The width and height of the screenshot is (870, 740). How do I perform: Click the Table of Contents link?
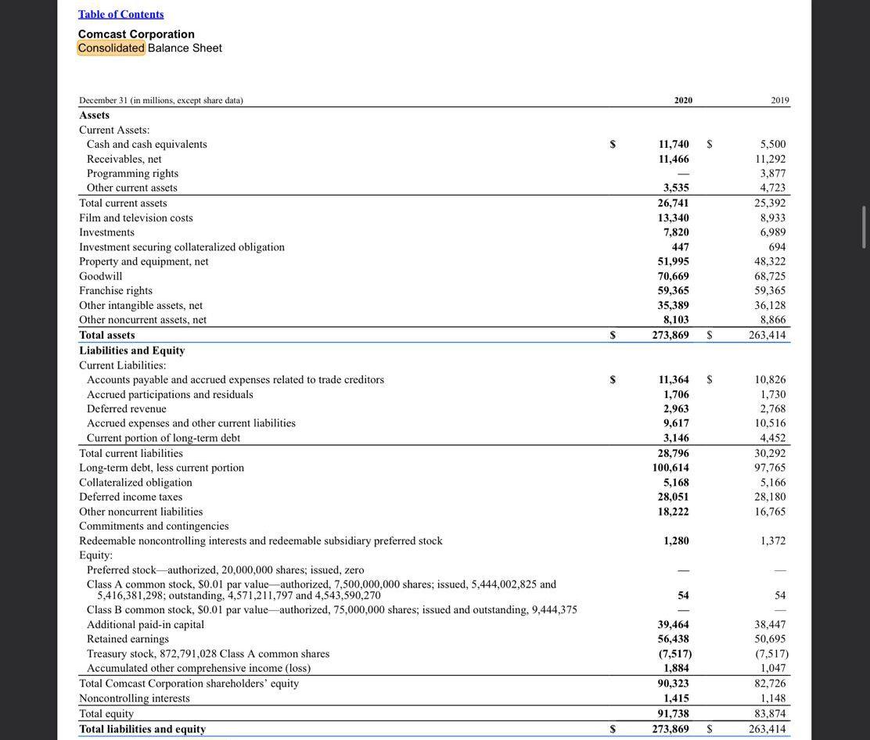point(120,14)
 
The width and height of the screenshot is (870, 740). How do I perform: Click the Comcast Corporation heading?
point(136,34)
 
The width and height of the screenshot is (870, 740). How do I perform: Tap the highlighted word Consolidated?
point(111,48)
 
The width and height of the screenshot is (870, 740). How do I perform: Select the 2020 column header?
point(682,100)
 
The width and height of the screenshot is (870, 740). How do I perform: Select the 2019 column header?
point(779,100)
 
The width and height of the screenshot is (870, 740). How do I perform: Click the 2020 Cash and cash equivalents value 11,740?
point(673,144)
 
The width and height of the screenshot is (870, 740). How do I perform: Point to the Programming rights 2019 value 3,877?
point(772,173)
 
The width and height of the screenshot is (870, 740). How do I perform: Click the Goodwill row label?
point(100,276)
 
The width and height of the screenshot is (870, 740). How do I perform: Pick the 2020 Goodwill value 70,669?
point(673,276)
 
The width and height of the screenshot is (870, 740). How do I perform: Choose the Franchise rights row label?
point(116,290)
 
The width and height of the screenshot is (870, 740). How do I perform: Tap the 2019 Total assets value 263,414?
point(767,335)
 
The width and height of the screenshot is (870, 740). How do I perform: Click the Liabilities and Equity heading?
point(131,350)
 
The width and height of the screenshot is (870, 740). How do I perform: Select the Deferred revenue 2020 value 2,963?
point(676,408)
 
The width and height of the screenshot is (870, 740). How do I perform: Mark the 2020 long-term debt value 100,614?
point(670,467)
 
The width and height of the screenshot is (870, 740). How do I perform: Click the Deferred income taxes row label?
point(130,497)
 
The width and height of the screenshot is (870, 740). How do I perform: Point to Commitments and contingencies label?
point(153,526)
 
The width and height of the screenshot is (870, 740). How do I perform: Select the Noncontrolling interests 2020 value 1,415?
point(676,698)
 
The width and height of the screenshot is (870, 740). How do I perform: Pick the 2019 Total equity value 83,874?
point(770,713)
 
